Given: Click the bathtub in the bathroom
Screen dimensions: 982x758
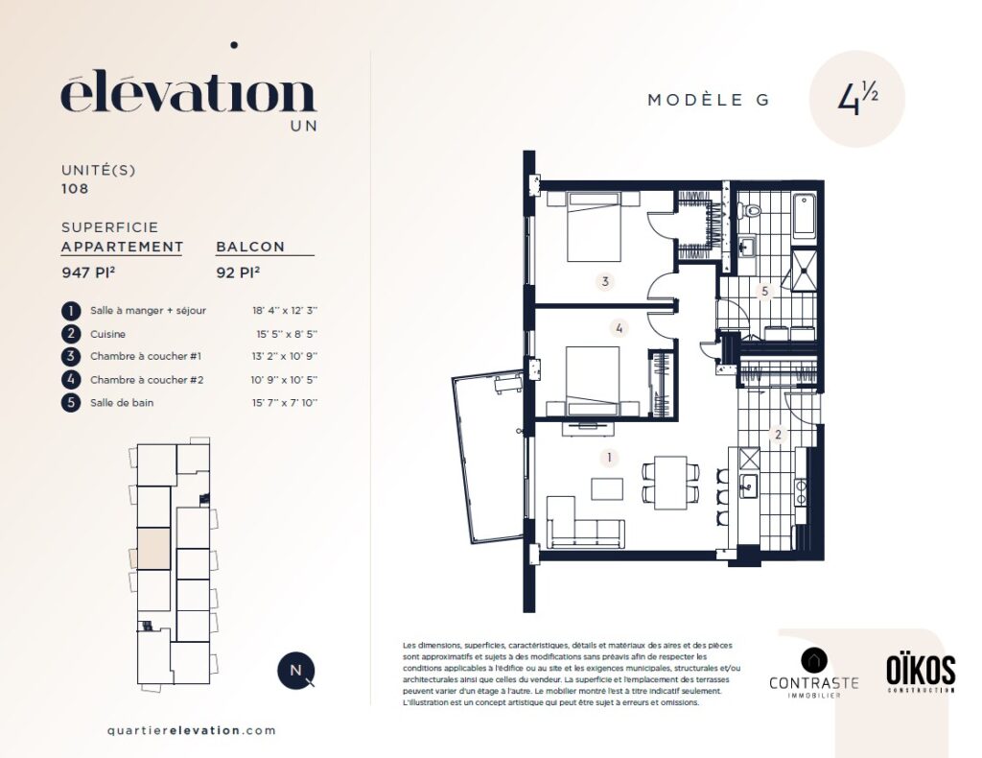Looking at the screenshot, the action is click(x=804, y=217).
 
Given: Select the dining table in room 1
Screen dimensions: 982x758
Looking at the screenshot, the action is click(x=670, y=483).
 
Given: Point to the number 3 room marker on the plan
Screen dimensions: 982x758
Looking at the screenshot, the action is click(x=605, y=281).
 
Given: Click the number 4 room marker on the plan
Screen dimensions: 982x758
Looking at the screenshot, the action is click(x=620, y=327).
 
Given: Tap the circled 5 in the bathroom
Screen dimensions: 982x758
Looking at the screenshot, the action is click(x=764, y=291).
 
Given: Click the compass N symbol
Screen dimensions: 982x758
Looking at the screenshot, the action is click(x=295, y=671).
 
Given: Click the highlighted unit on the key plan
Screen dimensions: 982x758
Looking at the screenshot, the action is click(x=154, y=549).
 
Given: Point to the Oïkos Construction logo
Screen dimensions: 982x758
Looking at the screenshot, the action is click(x=921, y=674).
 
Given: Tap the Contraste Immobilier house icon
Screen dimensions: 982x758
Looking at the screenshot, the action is click(x=813, y=660).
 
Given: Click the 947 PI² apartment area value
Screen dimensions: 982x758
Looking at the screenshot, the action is click(x=88, y=272).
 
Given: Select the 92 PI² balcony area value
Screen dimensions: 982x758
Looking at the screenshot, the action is click(x=238, y=272).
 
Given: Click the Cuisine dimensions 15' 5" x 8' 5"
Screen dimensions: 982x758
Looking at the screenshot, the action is click(x=287, y=334).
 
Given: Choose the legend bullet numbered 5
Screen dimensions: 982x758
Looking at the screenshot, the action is click(x=71, y=403).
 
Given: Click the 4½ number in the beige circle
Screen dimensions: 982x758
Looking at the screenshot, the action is click(x=857, y=99).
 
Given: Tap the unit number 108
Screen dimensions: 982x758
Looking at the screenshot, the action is click(x=75, y=189).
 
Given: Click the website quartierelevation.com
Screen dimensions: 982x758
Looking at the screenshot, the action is click(x=192, y=730).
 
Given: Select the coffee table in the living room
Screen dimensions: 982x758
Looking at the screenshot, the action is click(x=607, y=488).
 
